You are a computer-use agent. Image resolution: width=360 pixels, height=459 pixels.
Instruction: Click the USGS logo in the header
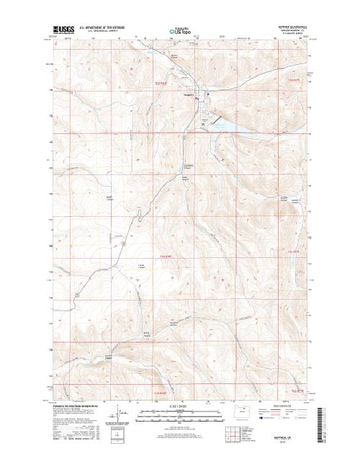click(63, 30)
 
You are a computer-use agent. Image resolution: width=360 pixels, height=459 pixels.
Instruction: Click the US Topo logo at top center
click(181, 32)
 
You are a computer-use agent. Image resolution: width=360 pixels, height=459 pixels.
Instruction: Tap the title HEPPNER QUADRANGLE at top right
click(292, 25)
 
